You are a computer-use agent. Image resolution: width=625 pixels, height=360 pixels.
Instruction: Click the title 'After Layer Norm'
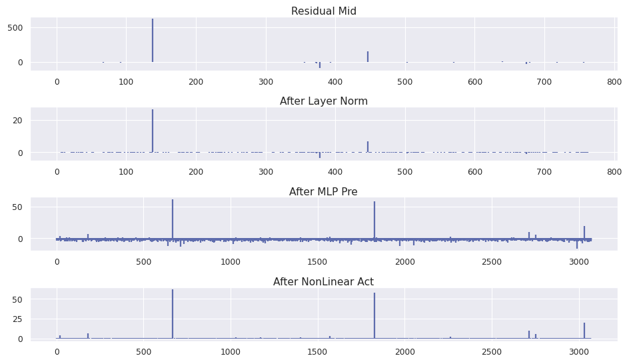point(323,101)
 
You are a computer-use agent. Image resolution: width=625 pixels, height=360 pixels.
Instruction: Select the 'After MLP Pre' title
point(323,192)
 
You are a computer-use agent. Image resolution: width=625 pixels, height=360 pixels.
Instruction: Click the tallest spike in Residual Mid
point(153,40)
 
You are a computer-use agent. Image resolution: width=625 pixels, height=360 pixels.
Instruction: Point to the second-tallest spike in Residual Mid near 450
point(368,57)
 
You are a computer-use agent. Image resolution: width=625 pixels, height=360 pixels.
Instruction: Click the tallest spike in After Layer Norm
point(153,130)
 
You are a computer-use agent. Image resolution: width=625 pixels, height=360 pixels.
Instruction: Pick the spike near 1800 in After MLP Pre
point(374,220)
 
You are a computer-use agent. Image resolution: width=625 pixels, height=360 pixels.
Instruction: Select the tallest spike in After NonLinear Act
point(173,313)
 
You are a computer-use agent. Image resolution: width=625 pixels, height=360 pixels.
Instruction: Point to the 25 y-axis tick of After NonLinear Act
point(18,319)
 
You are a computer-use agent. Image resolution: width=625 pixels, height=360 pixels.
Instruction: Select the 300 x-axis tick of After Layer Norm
point(266,172)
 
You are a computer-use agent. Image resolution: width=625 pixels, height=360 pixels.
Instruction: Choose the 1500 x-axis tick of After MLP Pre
point(318,262)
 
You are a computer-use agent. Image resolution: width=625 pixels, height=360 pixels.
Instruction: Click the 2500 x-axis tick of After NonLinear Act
point(492,352)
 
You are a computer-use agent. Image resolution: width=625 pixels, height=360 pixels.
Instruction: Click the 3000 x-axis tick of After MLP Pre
point(579,262)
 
